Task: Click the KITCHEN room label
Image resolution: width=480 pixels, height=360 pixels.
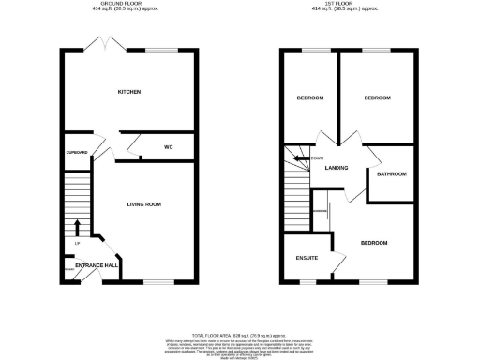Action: pos(129,92)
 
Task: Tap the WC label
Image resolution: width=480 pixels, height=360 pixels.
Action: pos(170,147)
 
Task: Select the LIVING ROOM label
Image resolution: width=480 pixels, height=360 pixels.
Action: pos(144,203)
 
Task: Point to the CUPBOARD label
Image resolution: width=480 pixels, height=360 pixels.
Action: pos(76,151)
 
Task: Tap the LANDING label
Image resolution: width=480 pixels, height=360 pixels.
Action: pos(337,169)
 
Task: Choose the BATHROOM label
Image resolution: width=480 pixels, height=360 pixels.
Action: pos(392,174)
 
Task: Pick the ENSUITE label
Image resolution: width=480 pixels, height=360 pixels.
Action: pos(306,258)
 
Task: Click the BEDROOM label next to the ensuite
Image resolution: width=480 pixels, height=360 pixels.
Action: pos(375,242)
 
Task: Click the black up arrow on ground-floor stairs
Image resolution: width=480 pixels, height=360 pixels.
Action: pos(76,226)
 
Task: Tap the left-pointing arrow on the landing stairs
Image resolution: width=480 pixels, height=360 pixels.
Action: pos(299,159)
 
